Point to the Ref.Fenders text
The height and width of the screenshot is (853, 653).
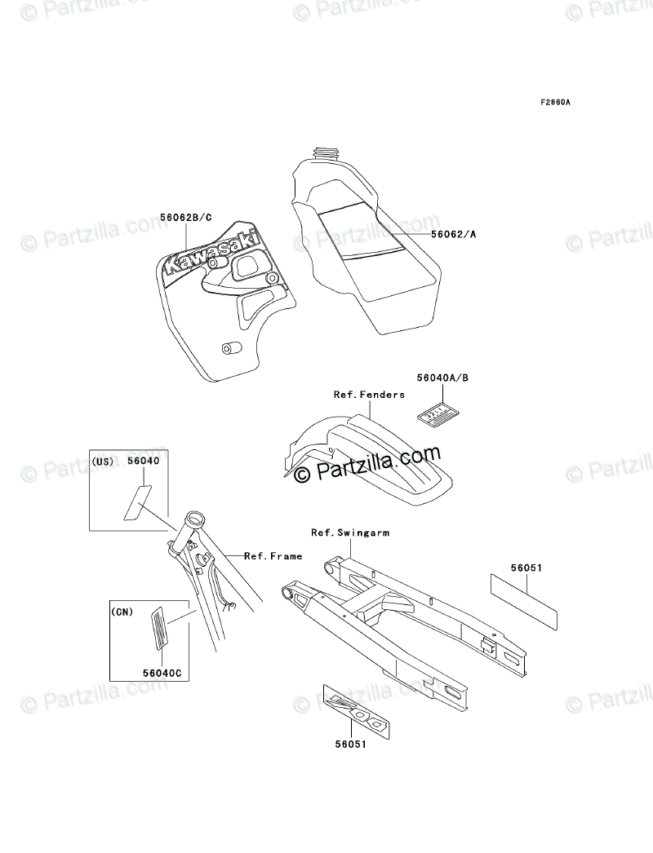click(369, 395)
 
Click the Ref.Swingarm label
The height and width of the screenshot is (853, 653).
click(350, 533)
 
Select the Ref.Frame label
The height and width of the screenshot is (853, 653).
click(273, 556)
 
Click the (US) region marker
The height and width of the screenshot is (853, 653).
click(104, 462)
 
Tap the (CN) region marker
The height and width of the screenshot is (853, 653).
click(122, 611)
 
